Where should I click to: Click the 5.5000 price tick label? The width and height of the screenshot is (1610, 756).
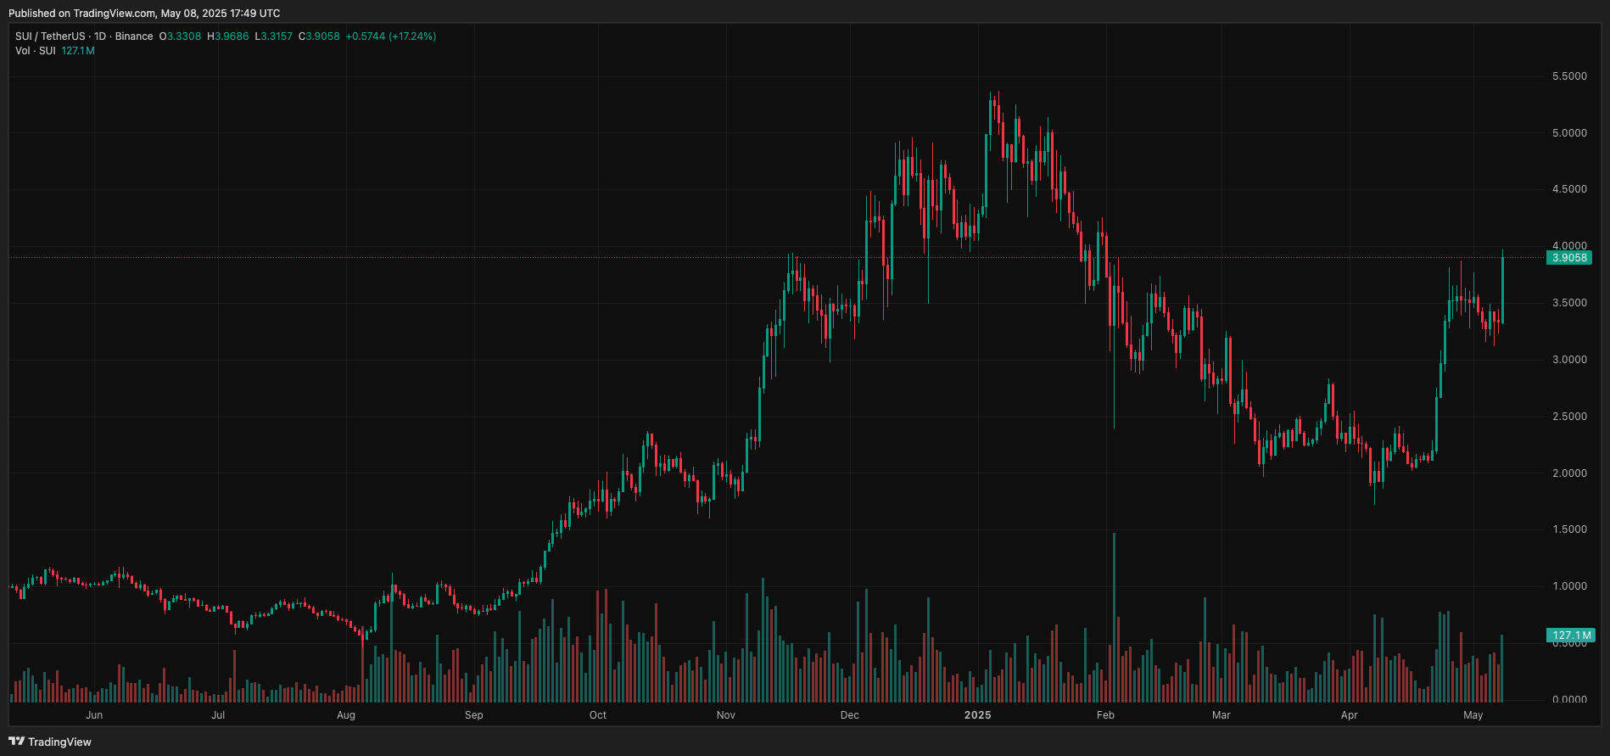pos(1569,76)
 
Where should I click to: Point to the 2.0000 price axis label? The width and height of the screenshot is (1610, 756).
pos(1569,473)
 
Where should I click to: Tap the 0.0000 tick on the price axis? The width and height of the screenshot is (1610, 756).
pos(1569,700)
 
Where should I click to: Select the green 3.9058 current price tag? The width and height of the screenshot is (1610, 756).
pos(1568,258)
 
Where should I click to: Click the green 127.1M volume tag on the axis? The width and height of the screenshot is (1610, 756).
pos(1571,636)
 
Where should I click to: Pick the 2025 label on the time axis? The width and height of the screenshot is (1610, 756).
pos(977,715)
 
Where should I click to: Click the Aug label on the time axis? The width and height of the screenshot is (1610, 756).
pos(346,715)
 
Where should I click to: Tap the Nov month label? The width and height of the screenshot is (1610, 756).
pos(725,715)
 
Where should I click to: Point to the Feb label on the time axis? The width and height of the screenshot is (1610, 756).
pos(1105,715)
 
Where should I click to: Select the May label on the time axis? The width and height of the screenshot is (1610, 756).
pos(1473,715)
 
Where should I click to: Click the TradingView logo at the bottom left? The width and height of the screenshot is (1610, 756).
pos(50,742)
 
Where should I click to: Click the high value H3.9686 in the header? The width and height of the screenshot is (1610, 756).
pos(228,36)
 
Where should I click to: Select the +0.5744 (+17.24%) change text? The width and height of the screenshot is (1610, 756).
pos(390,36)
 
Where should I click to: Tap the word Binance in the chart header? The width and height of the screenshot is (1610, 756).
pos(134,36)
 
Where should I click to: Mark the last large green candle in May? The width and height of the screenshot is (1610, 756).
pos(1502,289)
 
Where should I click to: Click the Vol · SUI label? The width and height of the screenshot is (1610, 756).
pos(36,51)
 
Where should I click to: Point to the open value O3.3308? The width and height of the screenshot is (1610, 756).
pos(181,36)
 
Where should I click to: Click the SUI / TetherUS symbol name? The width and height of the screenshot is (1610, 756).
pos(50,36)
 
